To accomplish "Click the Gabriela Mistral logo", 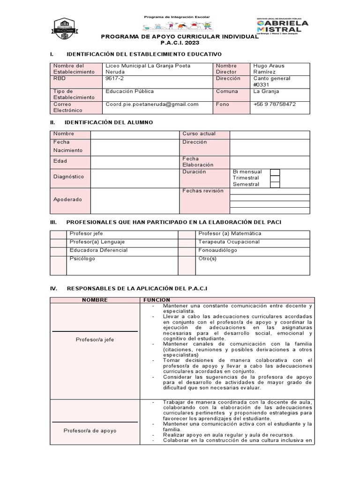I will pyautogui.click(x=282, y=26).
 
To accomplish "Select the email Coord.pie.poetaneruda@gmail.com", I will pyautogui.click(x=152, y=104).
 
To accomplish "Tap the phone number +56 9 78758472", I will pyautogui.click(x=274, y=104).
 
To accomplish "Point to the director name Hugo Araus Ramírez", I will pyautogui.click(x=269, y=69).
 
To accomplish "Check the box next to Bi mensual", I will pyautogui.click(x=275, y=172).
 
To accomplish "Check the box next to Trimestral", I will pyautogui.click(x=275, y=178).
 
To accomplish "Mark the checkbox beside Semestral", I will pyautogui.click(x=275, y=185).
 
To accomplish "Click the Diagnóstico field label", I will pyautogui.click(x=68, y=177).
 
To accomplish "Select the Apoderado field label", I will pyautogui.click(x=67, y=199).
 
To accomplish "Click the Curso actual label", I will pyautogui.click(x=199, y=134).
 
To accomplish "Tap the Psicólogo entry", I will pyautogui.click(x=82, y=258).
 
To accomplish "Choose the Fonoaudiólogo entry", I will pyautogui.click(x=218, y=250).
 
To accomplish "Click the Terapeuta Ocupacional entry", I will pyautogui.click(x=229, y=242).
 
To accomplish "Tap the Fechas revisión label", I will pyautogui.click(x=203, y=191).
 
